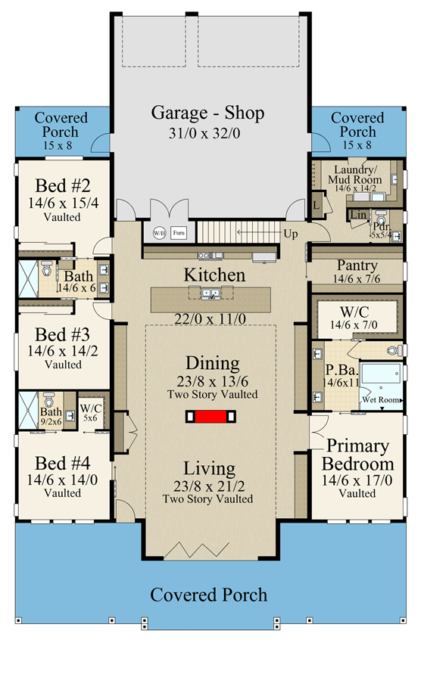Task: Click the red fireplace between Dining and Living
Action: tap(209, 416)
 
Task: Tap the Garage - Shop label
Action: tap(208, 113)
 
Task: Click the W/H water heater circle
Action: tap(160, 233)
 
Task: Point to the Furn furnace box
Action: tap(178, 233)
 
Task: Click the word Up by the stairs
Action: tap(291, 234)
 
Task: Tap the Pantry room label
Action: tap(357, 265)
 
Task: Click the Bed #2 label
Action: tap(62, 186)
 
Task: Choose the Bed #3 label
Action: tap(62, 334)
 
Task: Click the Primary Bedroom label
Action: tap(357, 455)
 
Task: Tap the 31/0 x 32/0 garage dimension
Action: tap(208, 134)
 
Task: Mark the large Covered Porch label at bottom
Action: tap(208, 595)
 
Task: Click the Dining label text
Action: tap(211, 364)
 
